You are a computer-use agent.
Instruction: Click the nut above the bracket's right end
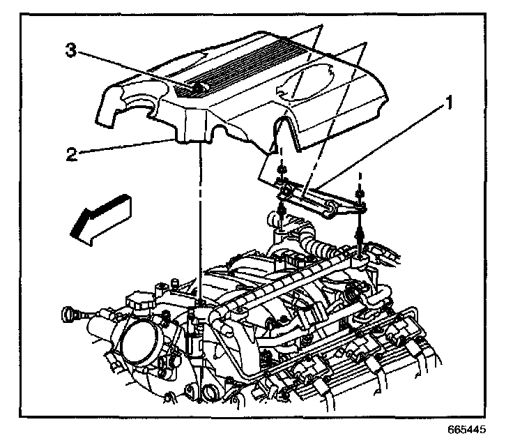[x=358, y=195]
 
